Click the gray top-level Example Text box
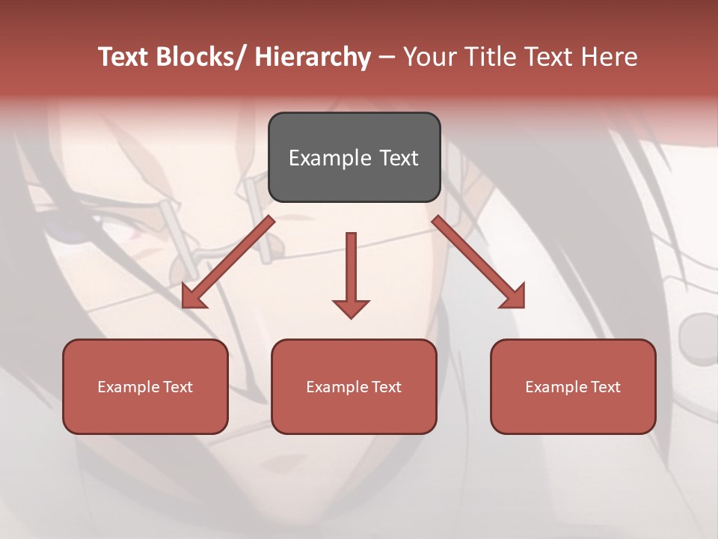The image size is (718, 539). [354, 157]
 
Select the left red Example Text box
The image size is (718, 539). [145, 386]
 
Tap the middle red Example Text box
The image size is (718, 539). [354, 386]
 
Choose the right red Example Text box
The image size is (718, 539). [573, 386]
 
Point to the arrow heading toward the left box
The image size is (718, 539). [228, 263]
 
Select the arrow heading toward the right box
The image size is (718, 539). [479, 262]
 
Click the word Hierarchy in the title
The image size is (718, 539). [313, 57]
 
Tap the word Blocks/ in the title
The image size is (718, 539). [200, 57]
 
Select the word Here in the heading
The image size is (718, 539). [610, 57]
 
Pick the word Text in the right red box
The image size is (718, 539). [606, 386]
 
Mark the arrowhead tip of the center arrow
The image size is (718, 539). [351, 317]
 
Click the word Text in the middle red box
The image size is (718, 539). [387, 386]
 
